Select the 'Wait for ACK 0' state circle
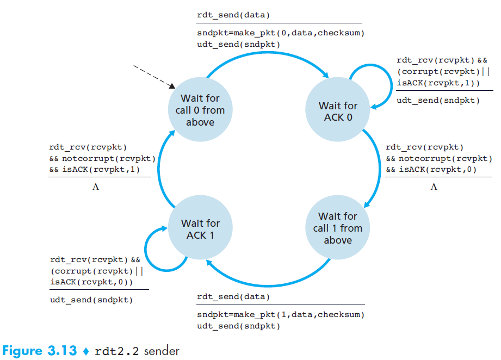[x=338, y=111]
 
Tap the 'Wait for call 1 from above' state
[x=338, y=228]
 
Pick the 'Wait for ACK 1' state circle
[x=200, y=229]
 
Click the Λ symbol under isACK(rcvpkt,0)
[x=434, y=187]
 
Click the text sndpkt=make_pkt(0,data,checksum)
[x=280, y=33]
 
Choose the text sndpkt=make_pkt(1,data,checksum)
[x=280, y=315]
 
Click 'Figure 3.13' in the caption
[x=40, y=350]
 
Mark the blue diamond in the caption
[x=85, y=351]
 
